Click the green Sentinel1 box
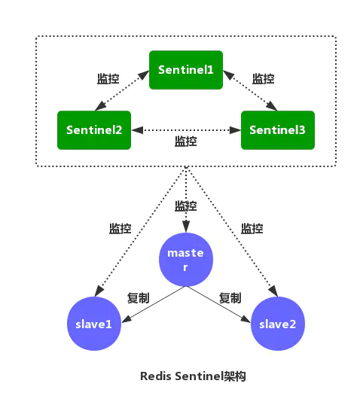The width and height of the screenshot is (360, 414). pyautogui.click(x=186, y=69)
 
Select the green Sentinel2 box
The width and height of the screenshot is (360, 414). pyautogui.click(x=94, y=129)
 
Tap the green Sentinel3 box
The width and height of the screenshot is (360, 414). pyautogui.click(x=277, y=129)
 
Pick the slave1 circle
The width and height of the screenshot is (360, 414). pyautogui.click(x=93, y=324)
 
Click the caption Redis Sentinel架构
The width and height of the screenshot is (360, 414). pyautogui.click(x=194, y=376)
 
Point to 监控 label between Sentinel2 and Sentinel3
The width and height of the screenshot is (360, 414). pyautogui.click(x=185, y=142)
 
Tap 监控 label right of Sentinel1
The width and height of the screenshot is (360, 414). pyautogui.click(x=263, y=78)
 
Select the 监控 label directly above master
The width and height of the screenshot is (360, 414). pyautogui.click(x=185, y=205)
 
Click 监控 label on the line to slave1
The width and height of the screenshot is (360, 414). pyautogui.click(x=121, y=228)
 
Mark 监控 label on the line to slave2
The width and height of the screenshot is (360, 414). pyautogui.click(x=252, y=228)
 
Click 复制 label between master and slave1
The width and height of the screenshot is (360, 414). pyautogui.click(x=139, y=297)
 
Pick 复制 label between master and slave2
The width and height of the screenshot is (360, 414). pyautogui.click(x=230, y=297)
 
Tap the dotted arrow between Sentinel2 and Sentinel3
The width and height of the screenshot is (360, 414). pyautogui.click(x=185, y=129)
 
